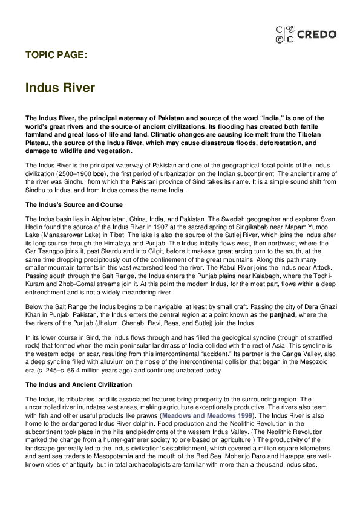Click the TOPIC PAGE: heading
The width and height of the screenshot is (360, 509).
(x=56, y=54)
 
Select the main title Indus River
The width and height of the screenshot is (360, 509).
(x=60, y=88)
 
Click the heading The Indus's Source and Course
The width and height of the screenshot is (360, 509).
(x=74, y=204)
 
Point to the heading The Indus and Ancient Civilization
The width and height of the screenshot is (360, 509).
(x=78, y=384)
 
